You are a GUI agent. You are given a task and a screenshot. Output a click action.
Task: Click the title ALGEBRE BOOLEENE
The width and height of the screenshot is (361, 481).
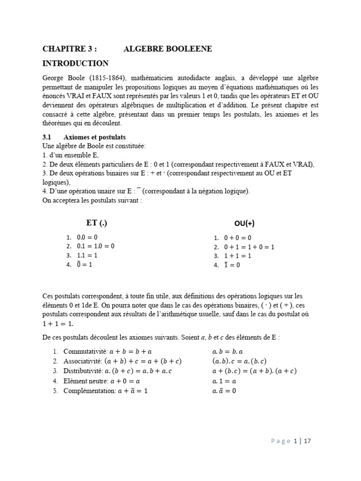(x=168, y=49)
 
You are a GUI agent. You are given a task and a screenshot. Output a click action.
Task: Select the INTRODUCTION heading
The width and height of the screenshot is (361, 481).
(x=75, y=63)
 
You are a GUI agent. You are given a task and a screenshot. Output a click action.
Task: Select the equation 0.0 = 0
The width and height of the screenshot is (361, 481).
(x=87, y=237)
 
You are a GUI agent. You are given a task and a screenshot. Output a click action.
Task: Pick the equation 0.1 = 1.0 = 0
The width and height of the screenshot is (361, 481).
(x=96, y=246)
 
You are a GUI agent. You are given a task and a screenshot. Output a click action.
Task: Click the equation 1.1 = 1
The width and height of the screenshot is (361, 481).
(x=87, y=255)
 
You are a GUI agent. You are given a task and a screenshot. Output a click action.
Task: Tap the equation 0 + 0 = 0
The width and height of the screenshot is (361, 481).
(x=237, y=238)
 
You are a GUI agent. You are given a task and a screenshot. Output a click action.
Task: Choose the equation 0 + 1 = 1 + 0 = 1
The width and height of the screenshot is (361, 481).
(x=249, y=247)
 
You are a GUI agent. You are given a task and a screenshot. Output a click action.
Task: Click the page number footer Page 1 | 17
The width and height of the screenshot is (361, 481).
(x=291, y=441)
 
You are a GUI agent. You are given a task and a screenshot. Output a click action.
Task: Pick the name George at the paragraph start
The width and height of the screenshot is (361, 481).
(x=54, y=78)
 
